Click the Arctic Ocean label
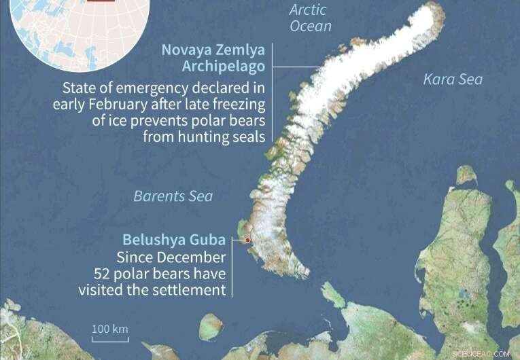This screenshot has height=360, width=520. click(311, 18)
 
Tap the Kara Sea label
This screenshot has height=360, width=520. click(453, 79)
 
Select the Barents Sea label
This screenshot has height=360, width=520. click(173, 196)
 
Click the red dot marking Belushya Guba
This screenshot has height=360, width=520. click(248, 240)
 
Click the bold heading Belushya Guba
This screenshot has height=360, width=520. click(173, 240)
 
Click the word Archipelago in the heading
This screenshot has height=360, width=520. click(224, 66)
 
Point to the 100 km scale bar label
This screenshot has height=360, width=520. click(110, 329)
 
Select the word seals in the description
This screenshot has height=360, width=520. click(246, 136)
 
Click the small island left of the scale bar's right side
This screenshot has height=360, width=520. click(211, 325)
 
